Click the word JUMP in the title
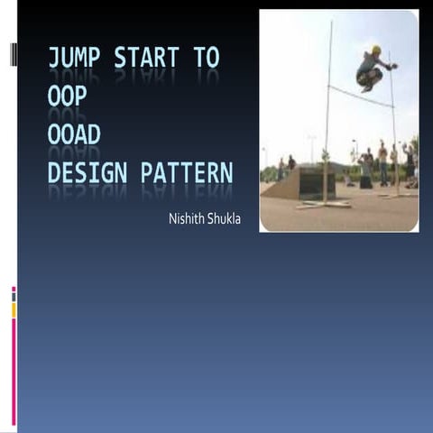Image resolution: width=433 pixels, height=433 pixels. (x=75, y=59)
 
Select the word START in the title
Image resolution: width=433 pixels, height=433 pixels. (x=147, y=59)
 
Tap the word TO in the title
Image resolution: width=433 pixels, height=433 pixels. (x=207, y=59)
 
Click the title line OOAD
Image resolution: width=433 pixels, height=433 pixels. (x=74, y=134)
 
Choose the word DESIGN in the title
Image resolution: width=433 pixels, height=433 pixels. (x=88, y=171)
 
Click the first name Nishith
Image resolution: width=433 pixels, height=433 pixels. (x=186, y=219)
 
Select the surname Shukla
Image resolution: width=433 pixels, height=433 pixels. (x=224, y=219)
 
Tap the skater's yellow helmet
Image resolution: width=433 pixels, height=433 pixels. (x=376, y=51)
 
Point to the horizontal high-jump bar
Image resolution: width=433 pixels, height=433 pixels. (x=361, y=96)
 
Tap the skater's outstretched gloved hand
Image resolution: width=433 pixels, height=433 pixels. (x=393, y=66)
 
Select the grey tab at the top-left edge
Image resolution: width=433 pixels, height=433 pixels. (x=14, y=54)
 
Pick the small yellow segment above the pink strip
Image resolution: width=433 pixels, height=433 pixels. (x=14, y=309)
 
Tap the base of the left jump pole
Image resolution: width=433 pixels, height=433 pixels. (x=325, y=204)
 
